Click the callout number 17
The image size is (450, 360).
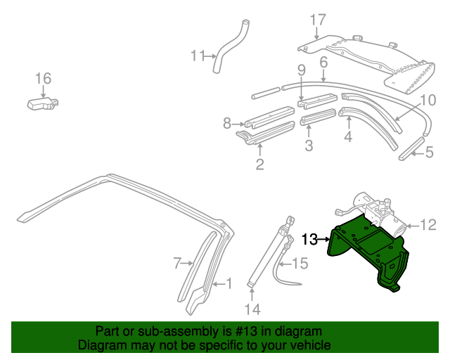318,20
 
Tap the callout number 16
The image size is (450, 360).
43,78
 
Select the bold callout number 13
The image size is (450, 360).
309,239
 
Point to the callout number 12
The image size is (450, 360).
428,225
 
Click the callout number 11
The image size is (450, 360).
198,56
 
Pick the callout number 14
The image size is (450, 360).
252,309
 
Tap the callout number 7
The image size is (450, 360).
177,263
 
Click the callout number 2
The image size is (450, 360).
259,164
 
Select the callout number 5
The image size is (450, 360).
429,152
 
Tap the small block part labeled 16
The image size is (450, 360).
42,103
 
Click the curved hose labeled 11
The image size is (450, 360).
231,46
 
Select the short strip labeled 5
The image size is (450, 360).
411,148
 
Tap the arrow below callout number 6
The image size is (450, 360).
323,76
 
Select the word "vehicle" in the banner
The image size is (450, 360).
311,345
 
